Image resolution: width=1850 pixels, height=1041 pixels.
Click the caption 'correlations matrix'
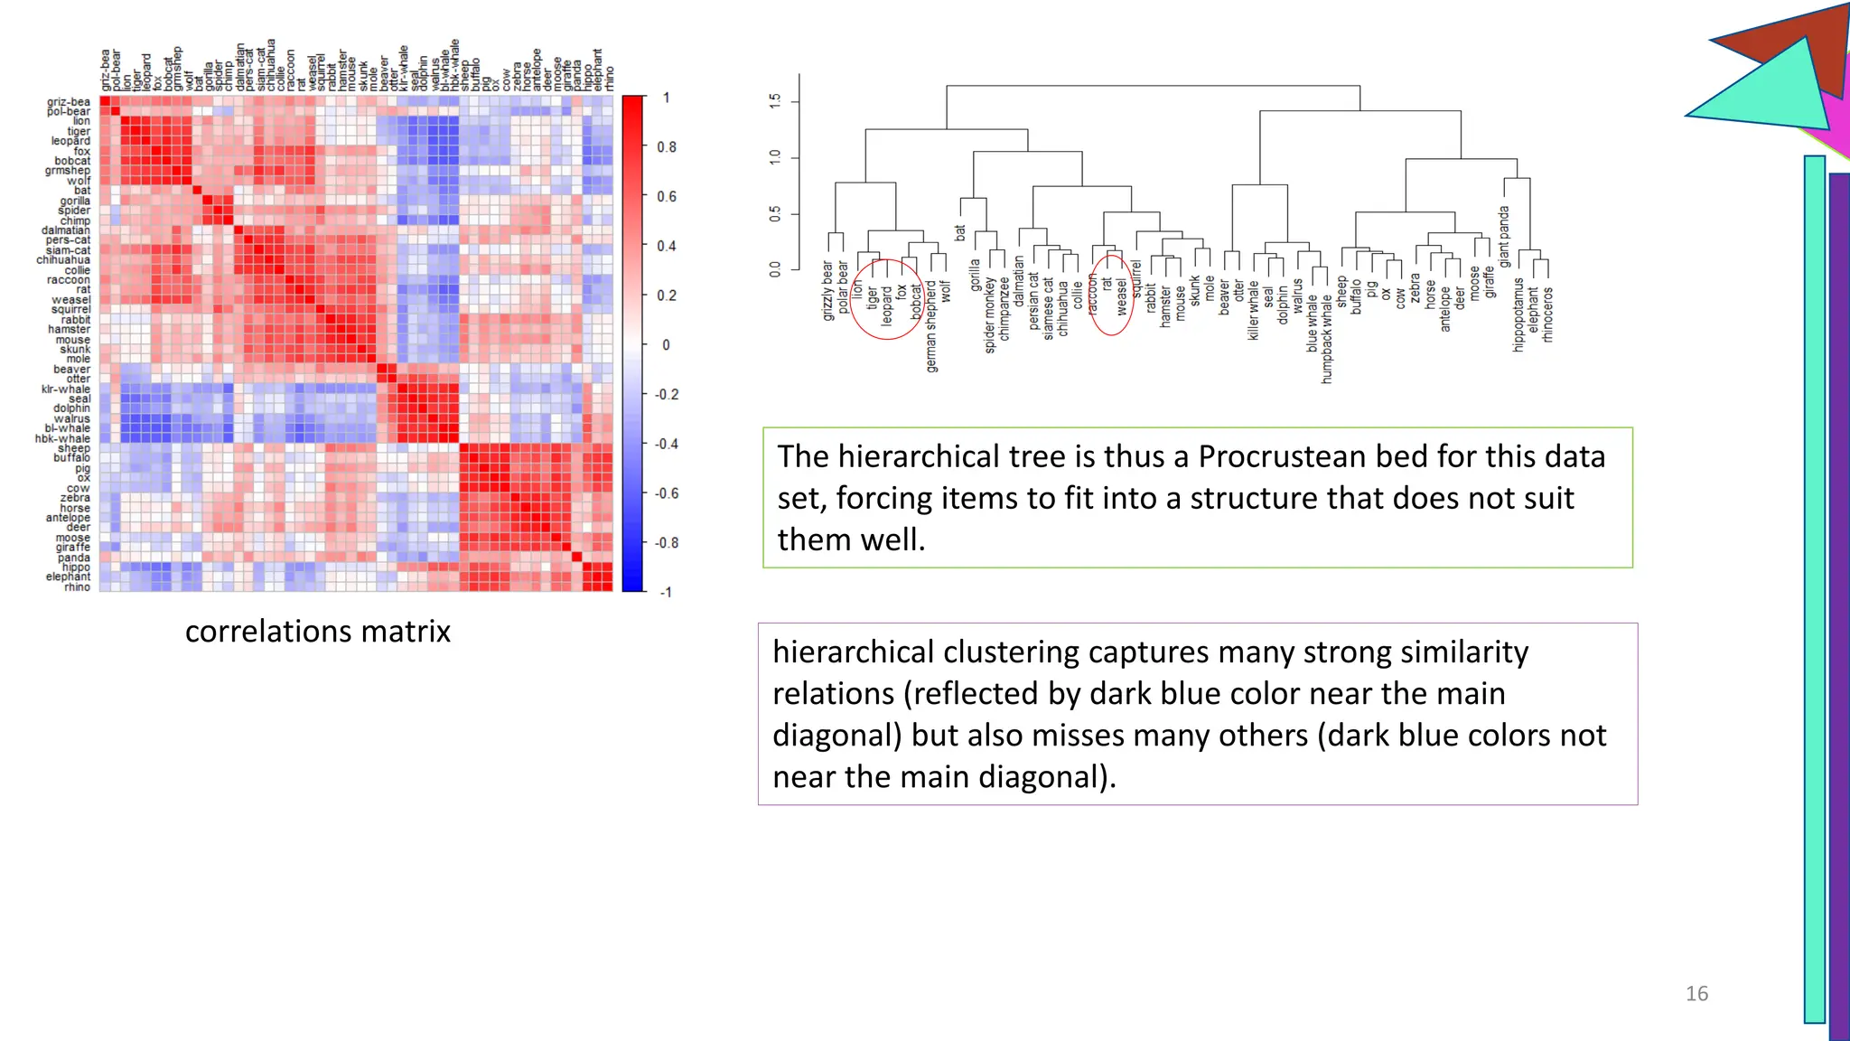(x=317, y=631)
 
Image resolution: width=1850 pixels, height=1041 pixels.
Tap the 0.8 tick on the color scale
(x=667, y=147)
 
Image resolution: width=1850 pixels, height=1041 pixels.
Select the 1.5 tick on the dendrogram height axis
(x=775, y=101)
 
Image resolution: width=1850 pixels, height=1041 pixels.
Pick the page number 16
(x=1696, y=993)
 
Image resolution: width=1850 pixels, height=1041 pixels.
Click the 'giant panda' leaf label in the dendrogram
(x=1504, y=237)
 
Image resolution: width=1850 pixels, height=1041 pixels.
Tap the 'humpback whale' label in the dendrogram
(x=1327, y=339)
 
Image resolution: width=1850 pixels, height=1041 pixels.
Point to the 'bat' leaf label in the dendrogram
(x=960, y=233)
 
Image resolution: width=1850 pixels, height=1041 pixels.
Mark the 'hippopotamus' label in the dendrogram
(x=1518, y=314)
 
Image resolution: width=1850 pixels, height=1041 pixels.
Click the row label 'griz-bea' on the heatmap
(x=69, y=102)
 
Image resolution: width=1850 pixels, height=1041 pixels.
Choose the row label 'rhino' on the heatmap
(x=77, y=587)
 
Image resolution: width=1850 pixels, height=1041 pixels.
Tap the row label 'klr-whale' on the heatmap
(x=66, y=389)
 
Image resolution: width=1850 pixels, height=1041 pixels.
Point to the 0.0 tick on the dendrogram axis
(x=775, y=268)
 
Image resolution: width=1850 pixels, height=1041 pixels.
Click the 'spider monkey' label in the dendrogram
(x=990, y=314)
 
